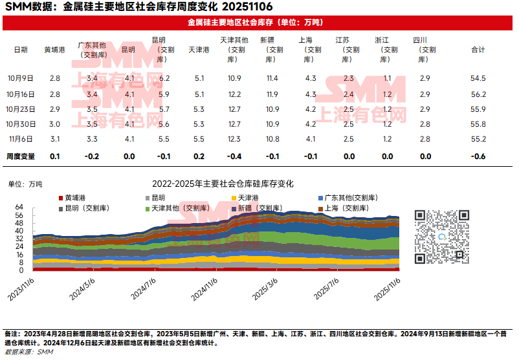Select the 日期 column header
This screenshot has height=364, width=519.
(21, 50)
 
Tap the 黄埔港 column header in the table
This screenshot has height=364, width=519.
(54, 50)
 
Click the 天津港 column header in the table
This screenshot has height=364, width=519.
(199, 50)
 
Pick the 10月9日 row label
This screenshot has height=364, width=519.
(21, 78)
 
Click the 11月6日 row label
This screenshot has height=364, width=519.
(21, 139)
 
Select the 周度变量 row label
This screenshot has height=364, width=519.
(21, 156)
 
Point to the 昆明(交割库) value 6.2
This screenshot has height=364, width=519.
(164, 78)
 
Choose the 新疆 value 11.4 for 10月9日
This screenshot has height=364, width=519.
(272, 78)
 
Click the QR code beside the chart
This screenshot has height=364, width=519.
(442, 237)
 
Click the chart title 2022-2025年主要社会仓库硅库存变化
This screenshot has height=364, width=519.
(222, 184)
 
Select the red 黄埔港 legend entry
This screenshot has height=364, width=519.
(76, 198)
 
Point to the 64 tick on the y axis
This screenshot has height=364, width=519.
(19, 207)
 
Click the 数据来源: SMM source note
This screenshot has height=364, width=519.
(29, 352)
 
